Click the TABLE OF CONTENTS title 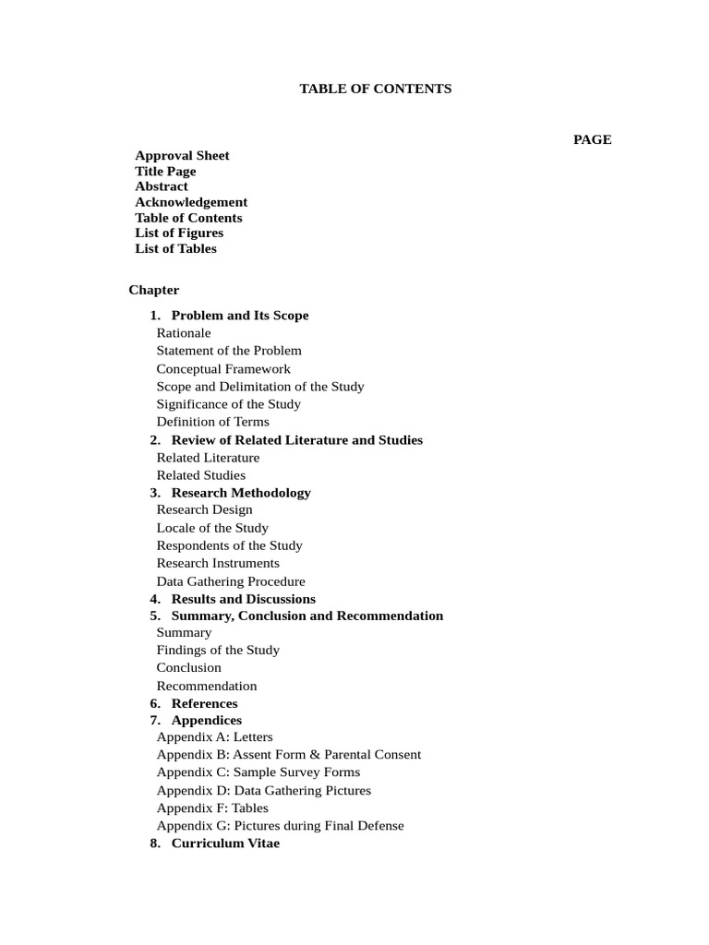[375, 90]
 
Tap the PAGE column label [592, 139]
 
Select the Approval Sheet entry [182, 156]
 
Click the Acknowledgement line [191, 202]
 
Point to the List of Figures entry [179, 233]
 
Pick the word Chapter [154, 290]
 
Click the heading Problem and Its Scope [240, 316]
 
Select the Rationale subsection [184, 333]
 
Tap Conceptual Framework [223, 369]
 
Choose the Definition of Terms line [213, 422]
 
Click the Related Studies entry [201, 475]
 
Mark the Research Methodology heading [241, 493]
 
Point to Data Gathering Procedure [231, 581]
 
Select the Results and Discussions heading [244, 599]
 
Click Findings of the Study [218, 650]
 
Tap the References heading [204, 703]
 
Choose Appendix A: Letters [214, 737]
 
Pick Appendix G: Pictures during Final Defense [280, 826]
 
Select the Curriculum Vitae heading [225, 843]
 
